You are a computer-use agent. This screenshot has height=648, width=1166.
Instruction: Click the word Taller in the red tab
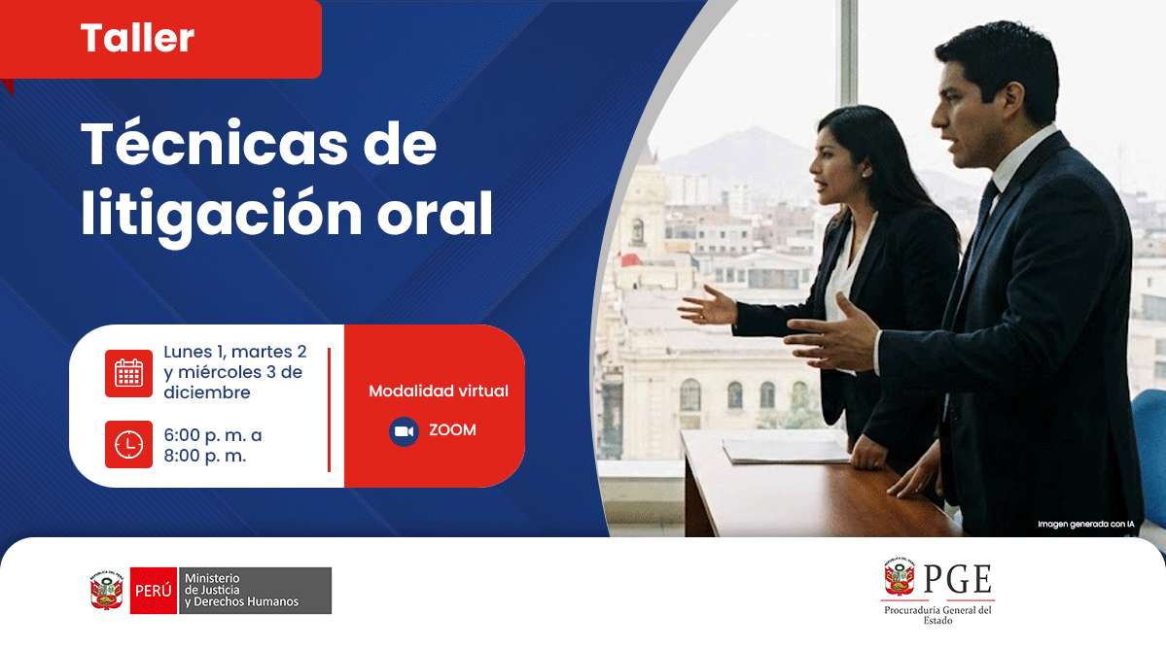click(x=137, y=38)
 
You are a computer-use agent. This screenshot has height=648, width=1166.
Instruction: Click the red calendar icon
click(x=128, y=373)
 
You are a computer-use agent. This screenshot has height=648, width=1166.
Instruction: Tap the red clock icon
click(x=128, y=444)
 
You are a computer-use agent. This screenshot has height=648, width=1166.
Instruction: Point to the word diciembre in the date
click(x=207, y=392)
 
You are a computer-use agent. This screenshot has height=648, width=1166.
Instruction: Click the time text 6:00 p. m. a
click(x=212, y=435)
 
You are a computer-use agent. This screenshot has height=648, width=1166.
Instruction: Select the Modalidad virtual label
click(x=438, y=391)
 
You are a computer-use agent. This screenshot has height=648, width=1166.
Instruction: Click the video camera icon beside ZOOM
click(x=404, y=430)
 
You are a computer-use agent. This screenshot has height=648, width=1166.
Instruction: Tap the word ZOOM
click(x=452, y=430)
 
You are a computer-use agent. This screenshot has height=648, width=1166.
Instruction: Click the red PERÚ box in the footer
click(x=153, y=590)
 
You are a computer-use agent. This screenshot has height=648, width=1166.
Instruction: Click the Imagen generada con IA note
click(x=1085, y=525)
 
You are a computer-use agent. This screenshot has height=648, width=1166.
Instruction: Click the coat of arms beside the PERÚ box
click(x=105, y=590)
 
